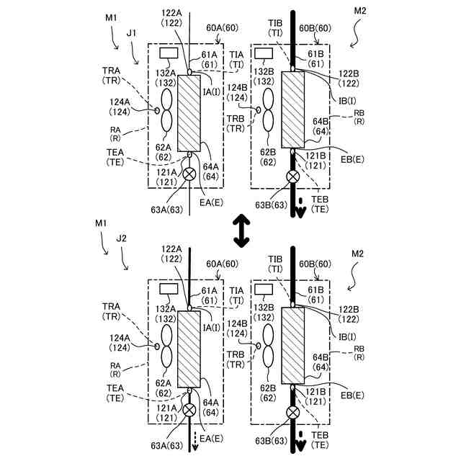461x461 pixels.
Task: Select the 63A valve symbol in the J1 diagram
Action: click(190, 174)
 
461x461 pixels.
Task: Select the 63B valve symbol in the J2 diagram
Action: click(293, 413)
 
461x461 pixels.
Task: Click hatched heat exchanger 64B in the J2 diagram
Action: click(293, 345)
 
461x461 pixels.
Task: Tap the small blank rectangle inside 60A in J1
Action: click(170, 53)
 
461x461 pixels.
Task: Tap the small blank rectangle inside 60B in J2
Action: click(264, 289)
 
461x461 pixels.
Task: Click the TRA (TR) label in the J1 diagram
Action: click(112, 76)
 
